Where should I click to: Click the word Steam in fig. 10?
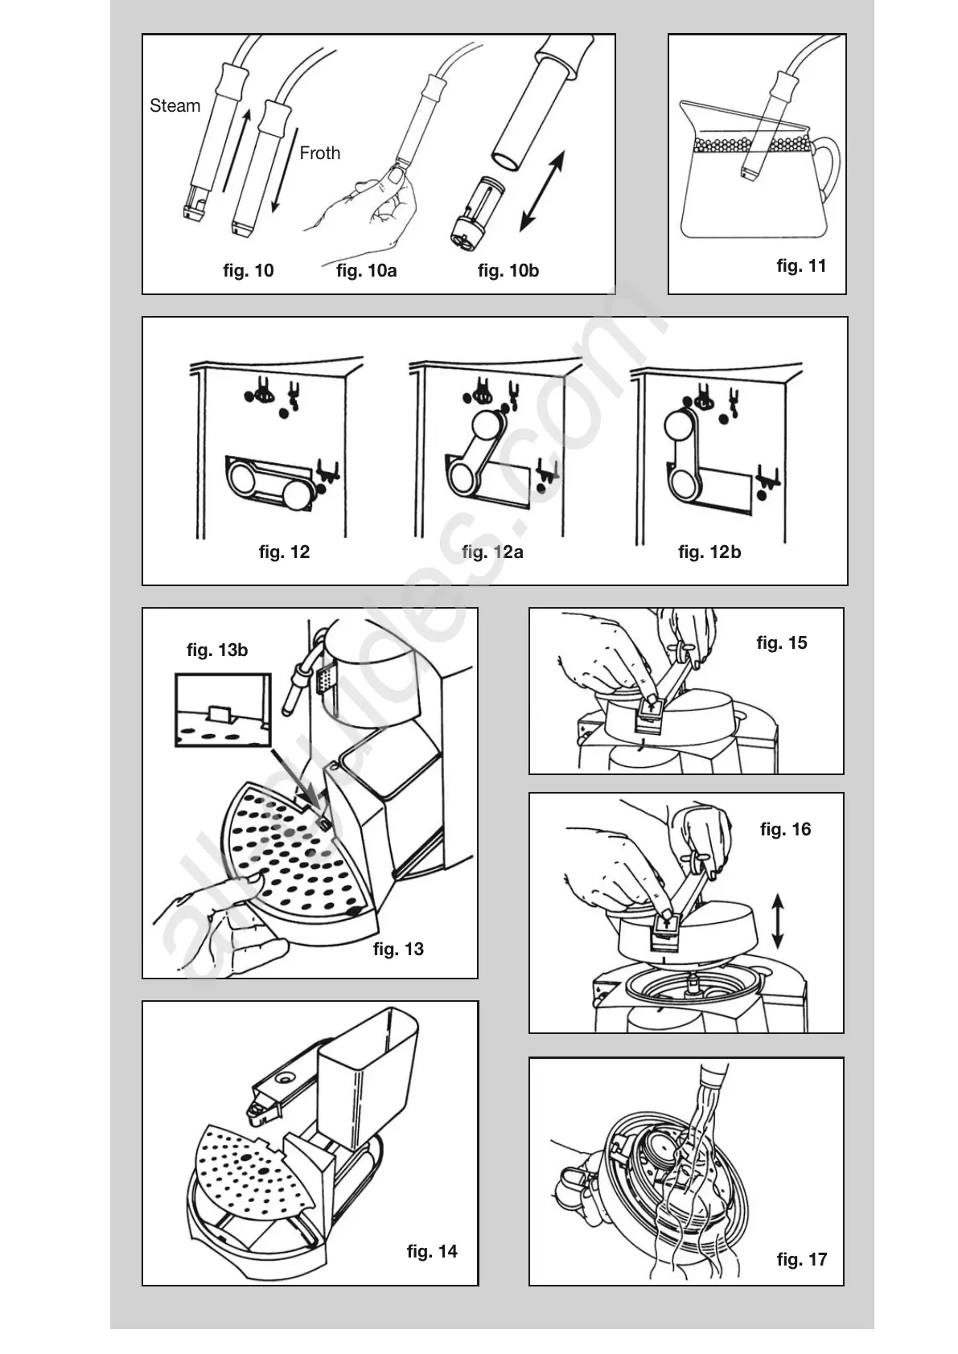coord(175,106)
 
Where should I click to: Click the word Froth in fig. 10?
coord(319,153)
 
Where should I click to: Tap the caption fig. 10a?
coord(366,271)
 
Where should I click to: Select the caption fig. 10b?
coord(508,271)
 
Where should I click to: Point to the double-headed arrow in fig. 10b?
coord(541,191)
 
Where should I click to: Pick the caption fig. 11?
coord(801,266)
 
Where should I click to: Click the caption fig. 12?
coord(284,552)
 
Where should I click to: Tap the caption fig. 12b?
coord(709,552)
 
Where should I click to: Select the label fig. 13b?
coord(217,650)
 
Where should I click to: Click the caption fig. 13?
coord(398,950)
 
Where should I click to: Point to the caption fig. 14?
coord(432,1252)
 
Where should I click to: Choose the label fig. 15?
coord(781,643)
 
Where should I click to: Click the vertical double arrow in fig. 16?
coord(777,921)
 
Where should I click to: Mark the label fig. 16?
coord(785,830)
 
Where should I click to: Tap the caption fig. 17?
coord(801,1260)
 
